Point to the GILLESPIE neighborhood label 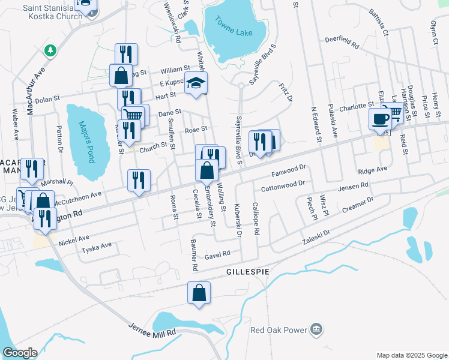246,272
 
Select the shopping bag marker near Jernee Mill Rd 199,293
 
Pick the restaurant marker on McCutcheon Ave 139,180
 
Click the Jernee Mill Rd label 152,329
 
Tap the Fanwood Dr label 289,172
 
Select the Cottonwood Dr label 283,185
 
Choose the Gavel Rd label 217,254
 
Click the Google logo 19,353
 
